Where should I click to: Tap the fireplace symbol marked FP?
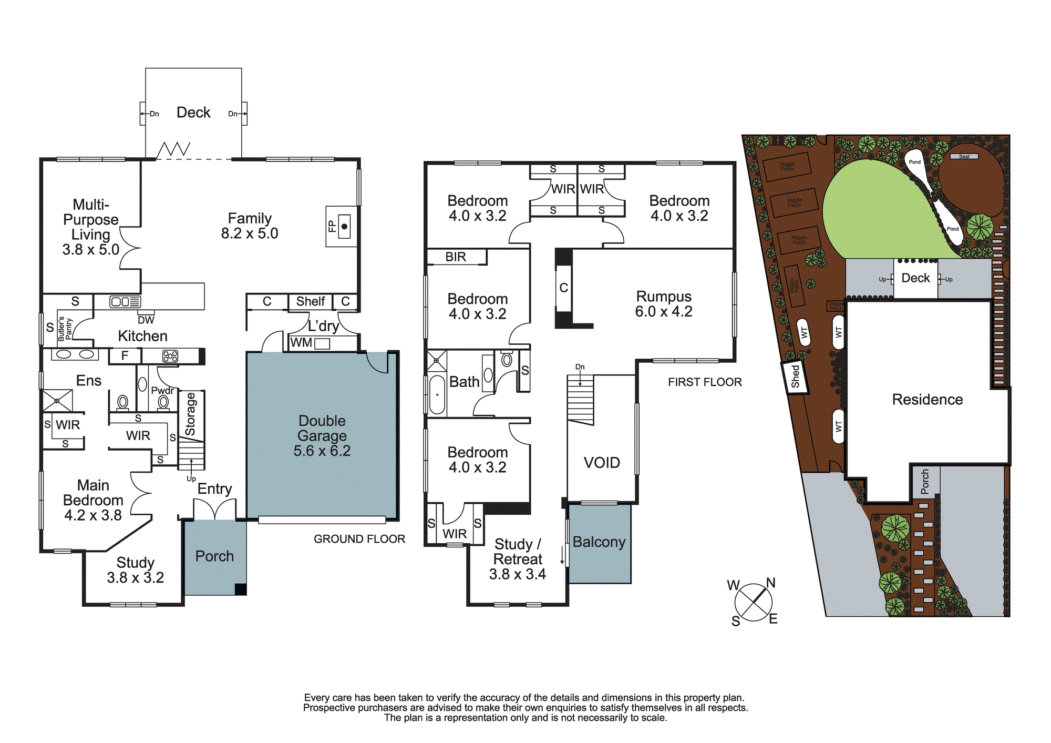coord(342,227)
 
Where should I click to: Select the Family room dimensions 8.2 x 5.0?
coord(250,233)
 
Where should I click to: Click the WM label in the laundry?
coord(301,343)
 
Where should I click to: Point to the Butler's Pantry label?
coord(65,329)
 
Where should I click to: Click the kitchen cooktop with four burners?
coord(170,357)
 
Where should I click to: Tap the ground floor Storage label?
coord(190,414)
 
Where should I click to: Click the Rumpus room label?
coord(664,297)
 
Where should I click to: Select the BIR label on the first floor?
coord(456,257)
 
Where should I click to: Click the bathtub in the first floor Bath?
coord(437,395)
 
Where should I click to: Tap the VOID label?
coord(602,463)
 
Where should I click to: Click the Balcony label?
coord(599,542)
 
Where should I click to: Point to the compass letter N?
coord(771,583)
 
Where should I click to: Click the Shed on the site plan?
coord(795,376)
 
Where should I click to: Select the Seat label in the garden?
coord(964,156)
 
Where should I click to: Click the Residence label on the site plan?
coord(928,400)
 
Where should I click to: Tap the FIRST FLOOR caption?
coord(705,382)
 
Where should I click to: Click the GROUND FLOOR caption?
coord(359,539)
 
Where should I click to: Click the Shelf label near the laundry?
coord(310,301)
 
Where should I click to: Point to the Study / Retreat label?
coord(518,552)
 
